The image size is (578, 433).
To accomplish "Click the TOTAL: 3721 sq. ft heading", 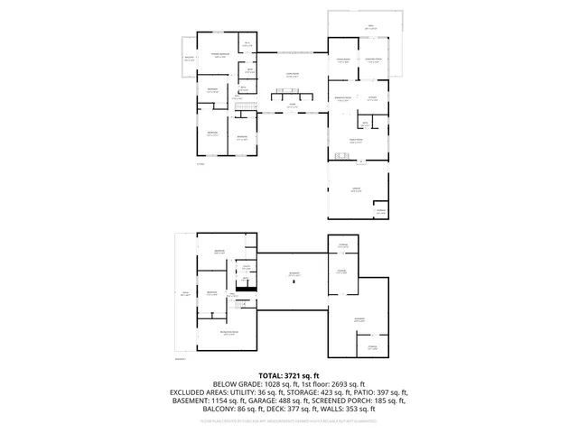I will (289, 375).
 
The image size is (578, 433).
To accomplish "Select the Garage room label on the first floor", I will (356, 189).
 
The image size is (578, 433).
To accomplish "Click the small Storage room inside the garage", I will (380, 210).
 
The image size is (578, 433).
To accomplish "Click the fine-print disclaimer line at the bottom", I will (289, 419).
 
